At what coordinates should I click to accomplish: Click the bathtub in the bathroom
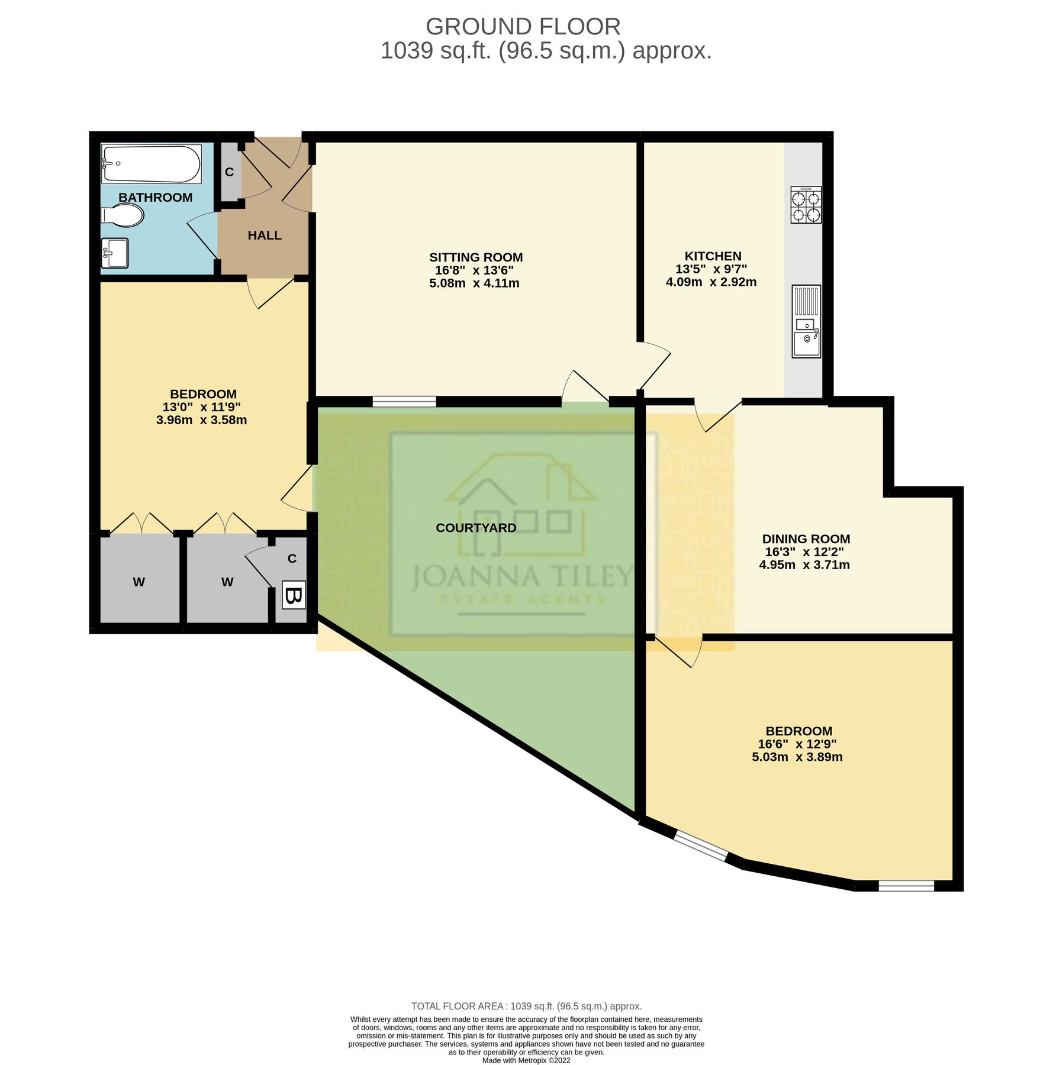pos(152,164)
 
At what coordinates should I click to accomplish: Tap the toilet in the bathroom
pos(123,216)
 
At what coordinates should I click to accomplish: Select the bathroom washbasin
pos(114,253)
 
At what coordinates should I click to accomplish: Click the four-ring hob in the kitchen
pos(806,205)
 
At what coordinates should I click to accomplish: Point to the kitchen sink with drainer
pos(806,321)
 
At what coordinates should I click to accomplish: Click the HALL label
pos(264,235)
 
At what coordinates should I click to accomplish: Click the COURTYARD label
pos(476,528)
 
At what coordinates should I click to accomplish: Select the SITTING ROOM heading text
pos(476,257)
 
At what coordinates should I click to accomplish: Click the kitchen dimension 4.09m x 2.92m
pos(711,282)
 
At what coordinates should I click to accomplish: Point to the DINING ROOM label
pos(806,539)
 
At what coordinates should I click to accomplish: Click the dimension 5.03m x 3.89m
pos(797,757)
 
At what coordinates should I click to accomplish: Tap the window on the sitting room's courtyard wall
pos(404,402)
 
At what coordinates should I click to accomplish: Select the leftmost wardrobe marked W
pos(139,582)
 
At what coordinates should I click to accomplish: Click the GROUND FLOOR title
pos(523,27)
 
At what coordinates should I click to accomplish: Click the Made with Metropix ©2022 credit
pos(526,1060)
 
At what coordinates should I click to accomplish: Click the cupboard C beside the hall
pos(230,172)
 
